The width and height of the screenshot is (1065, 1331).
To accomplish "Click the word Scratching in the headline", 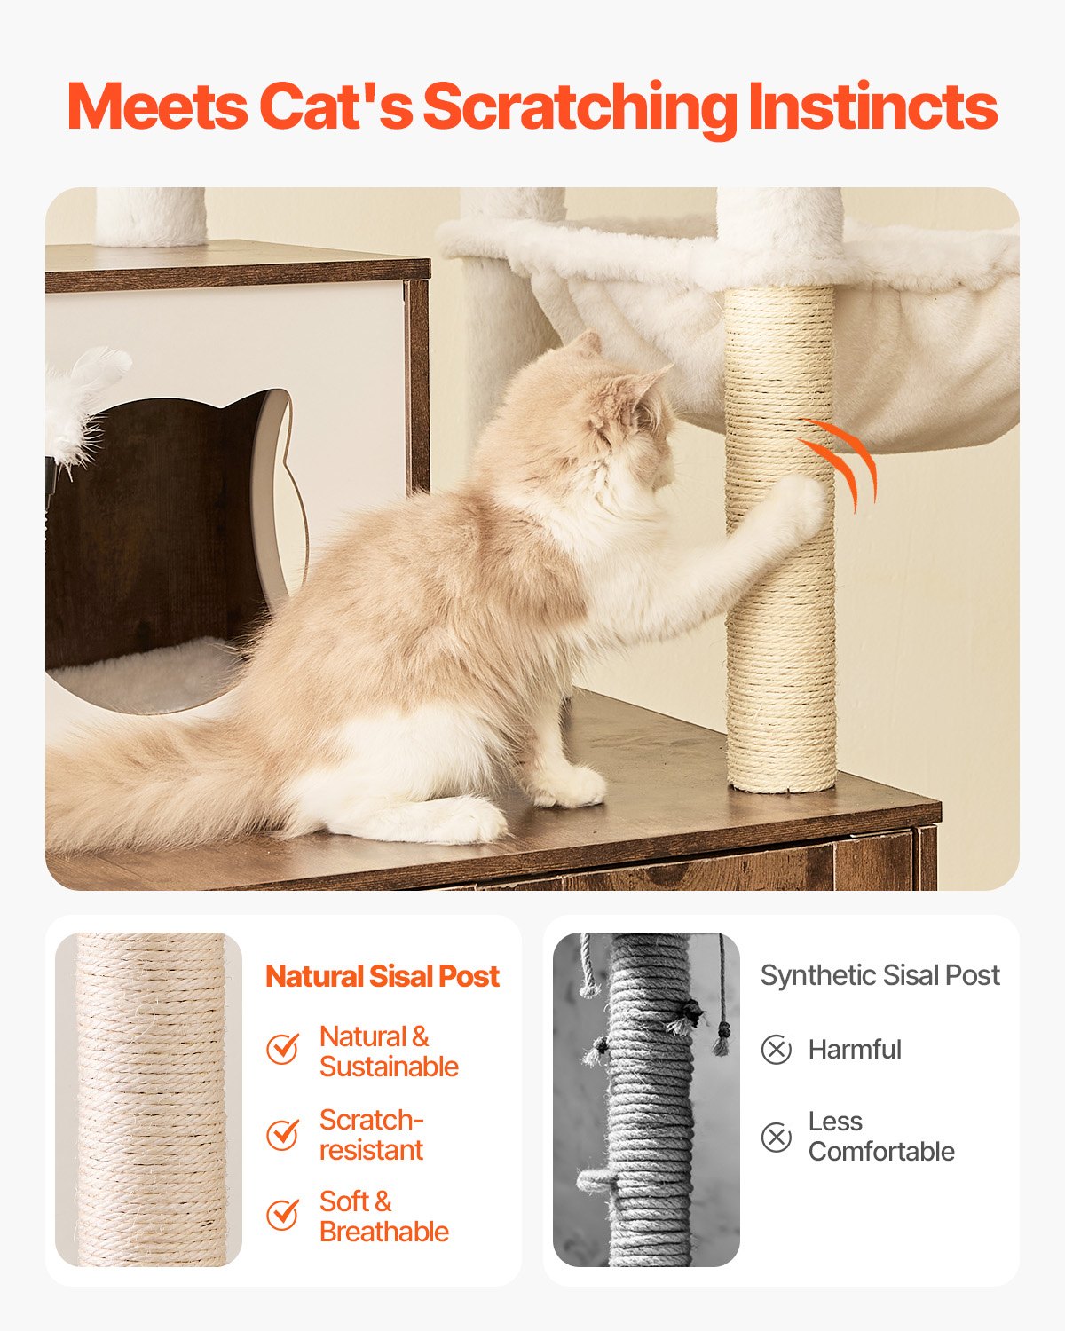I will [579, 108].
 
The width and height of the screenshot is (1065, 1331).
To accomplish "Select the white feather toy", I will [84, 404].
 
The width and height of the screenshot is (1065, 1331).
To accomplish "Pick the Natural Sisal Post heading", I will [383, 976].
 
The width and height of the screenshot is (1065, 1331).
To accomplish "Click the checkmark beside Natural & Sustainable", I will [282, 1049].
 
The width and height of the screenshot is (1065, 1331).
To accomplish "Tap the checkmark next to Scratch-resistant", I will [282, 1134].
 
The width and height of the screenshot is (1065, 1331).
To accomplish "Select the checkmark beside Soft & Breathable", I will [282, 1215].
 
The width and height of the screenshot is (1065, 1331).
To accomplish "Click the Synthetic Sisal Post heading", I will [880, 975].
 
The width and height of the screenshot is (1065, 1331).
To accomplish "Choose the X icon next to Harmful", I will [776, 1050].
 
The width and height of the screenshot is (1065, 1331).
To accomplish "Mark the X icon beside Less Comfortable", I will [776, 1137].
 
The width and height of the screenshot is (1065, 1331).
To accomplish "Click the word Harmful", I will [854, 1050].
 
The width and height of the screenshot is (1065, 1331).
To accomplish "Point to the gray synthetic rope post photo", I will [646, 1100].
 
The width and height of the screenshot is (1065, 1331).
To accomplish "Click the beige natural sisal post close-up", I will [148, 1100].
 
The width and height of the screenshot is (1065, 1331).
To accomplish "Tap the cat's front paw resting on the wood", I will [572, 785].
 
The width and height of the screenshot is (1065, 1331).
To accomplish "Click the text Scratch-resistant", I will [371, 1135].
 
